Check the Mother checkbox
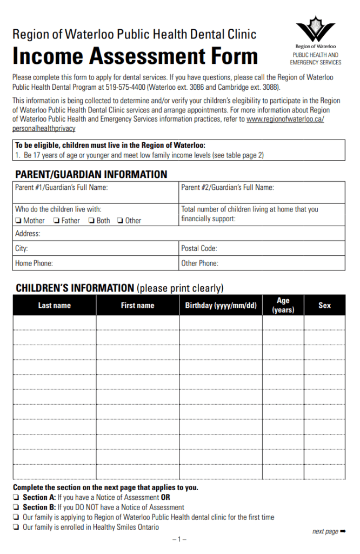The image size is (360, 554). coord(18,221)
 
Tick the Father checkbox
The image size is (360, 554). coord(56,221)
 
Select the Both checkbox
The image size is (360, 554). coord(91,221)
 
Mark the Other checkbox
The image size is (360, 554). coord(120,221)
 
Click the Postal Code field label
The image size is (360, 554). coord(199,249)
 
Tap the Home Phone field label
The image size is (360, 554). coord(34,263)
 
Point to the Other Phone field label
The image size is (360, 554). coord(199,263)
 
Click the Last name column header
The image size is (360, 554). coord(54,306)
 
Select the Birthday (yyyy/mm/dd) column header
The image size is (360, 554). coord(221,306)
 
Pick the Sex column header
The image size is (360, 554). coord(324,306)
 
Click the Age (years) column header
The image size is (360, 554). coord(283,306)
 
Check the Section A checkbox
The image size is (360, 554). coord(16,498)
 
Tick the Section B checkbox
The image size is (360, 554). coord(16,507)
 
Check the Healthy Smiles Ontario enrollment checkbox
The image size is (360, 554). coord(16,527)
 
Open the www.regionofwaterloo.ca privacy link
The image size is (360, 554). coord(285,119)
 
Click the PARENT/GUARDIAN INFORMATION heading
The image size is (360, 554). coord(91,174)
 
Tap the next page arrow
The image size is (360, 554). coord(343,531)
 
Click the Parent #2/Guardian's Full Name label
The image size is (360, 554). coord(227,188)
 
